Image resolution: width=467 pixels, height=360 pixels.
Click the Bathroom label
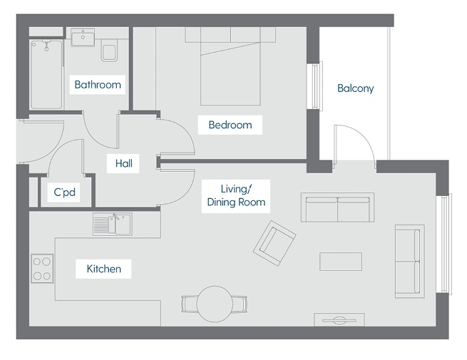coord(98,84)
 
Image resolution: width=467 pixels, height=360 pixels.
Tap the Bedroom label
coord(230,125)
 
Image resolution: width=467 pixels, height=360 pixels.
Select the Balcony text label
coord(355,88)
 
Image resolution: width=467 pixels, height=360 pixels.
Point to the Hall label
coord(123,163)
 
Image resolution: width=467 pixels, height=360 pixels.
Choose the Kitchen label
coord(103,269)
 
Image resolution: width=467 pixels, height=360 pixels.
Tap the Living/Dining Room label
coord(235,195)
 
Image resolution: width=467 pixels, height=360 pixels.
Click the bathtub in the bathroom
coord(45,73)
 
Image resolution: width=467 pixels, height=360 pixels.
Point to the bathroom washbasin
coord(83,37)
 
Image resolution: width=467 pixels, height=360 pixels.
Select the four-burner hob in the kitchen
coord(41,268)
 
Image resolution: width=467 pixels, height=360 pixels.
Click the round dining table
coord(214,304)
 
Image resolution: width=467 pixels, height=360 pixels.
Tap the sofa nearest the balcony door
coord(338,207)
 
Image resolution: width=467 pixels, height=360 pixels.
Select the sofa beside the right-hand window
coord(409,262)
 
